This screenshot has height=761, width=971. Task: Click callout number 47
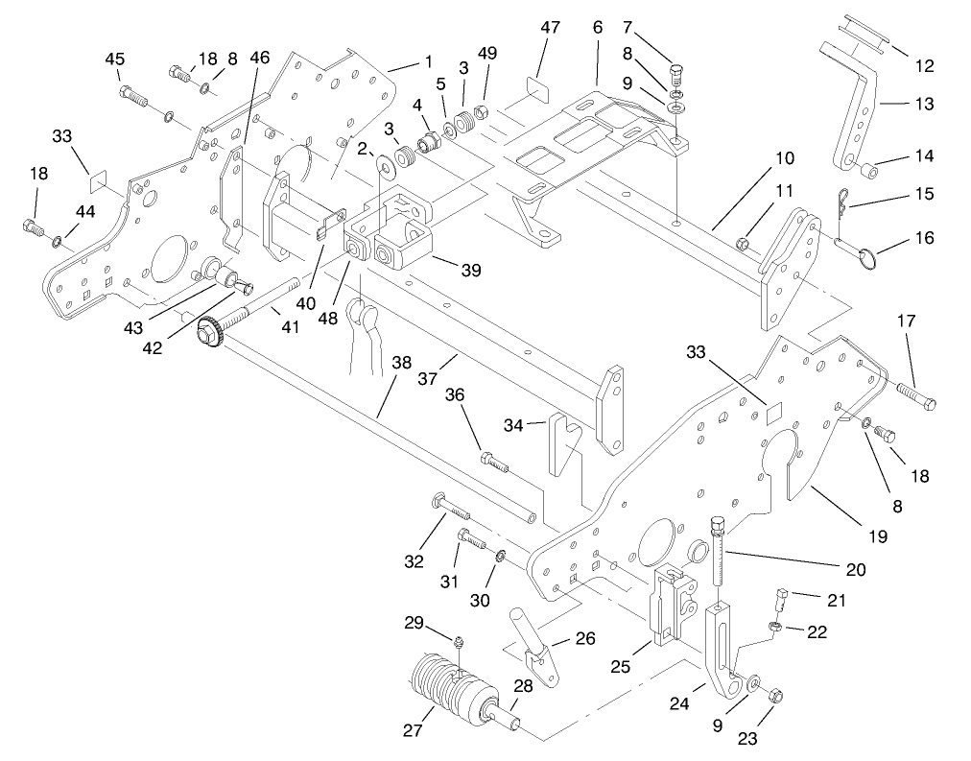coord(550,28)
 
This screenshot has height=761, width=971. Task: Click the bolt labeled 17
coord(916,396)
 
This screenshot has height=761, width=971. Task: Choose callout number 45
coord(114,59)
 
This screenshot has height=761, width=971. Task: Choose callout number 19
coord(879,535)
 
